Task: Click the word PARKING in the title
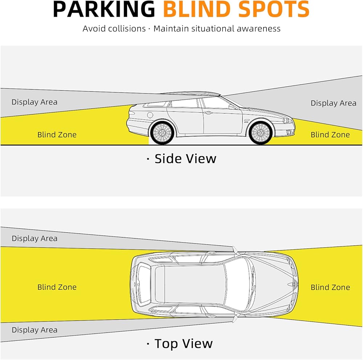click(x=105, y=10)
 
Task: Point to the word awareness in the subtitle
click(x=258, y=29)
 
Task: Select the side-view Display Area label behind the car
click(x=34, y=102)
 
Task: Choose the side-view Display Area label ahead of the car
click(x=333, y=103)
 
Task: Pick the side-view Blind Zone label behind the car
click(x=57, y=135)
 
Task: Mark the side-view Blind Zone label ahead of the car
click(x=330, y=135)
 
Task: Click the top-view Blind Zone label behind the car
click(x=57, y=287)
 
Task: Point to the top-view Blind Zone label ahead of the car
click(x=330, y=287)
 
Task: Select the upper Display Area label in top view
click(x=34, y=239)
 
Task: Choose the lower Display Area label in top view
click(x=34, y=330)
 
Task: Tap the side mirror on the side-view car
click(x=232, y=107)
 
